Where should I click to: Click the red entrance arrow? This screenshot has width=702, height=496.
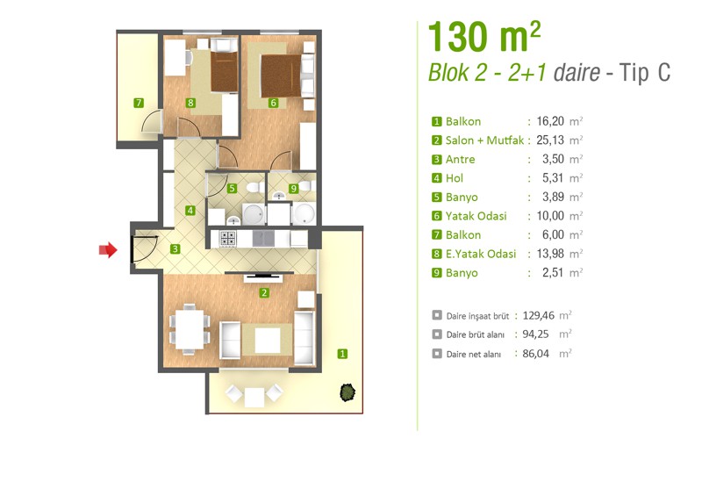[x=108, y=249]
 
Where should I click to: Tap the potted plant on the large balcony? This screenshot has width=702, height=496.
[x=347, y=392]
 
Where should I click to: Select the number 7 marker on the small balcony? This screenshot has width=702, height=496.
[x=139, y=103]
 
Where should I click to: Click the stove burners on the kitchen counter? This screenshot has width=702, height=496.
[x=228, y=238]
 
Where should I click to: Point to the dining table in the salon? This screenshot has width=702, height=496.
[x=190, y=329]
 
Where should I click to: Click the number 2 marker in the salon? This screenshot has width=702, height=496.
[x=264, y=293]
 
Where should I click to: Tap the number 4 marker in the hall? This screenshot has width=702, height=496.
[x=190, y=210]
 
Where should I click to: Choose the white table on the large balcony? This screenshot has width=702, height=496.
[x=254, y=396]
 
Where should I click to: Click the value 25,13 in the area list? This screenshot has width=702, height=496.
[x=550, y=140]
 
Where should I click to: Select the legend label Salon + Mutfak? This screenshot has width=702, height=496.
[x=484, y=140]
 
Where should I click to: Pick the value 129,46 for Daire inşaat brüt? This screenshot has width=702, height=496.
[x=538, y=315]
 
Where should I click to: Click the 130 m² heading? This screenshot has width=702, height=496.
[x=484, y=37]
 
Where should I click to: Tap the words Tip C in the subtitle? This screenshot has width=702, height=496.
[x=645, y=73]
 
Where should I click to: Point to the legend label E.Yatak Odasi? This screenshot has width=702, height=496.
[x=480, y=254]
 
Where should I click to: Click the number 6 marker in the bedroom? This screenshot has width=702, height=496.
[x=273, y=103]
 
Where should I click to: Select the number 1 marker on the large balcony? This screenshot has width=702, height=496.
[x=342, y=354]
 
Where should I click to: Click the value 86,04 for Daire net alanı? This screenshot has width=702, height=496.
[x=535, y=354]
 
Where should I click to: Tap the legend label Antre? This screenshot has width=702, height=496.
[x=460, y=160]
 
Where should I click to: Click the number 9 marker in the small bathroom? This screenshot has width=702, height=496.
[x=293, y=189]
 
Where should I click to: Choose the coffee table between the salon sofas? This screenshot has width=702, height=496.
[x=268, y=341]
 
